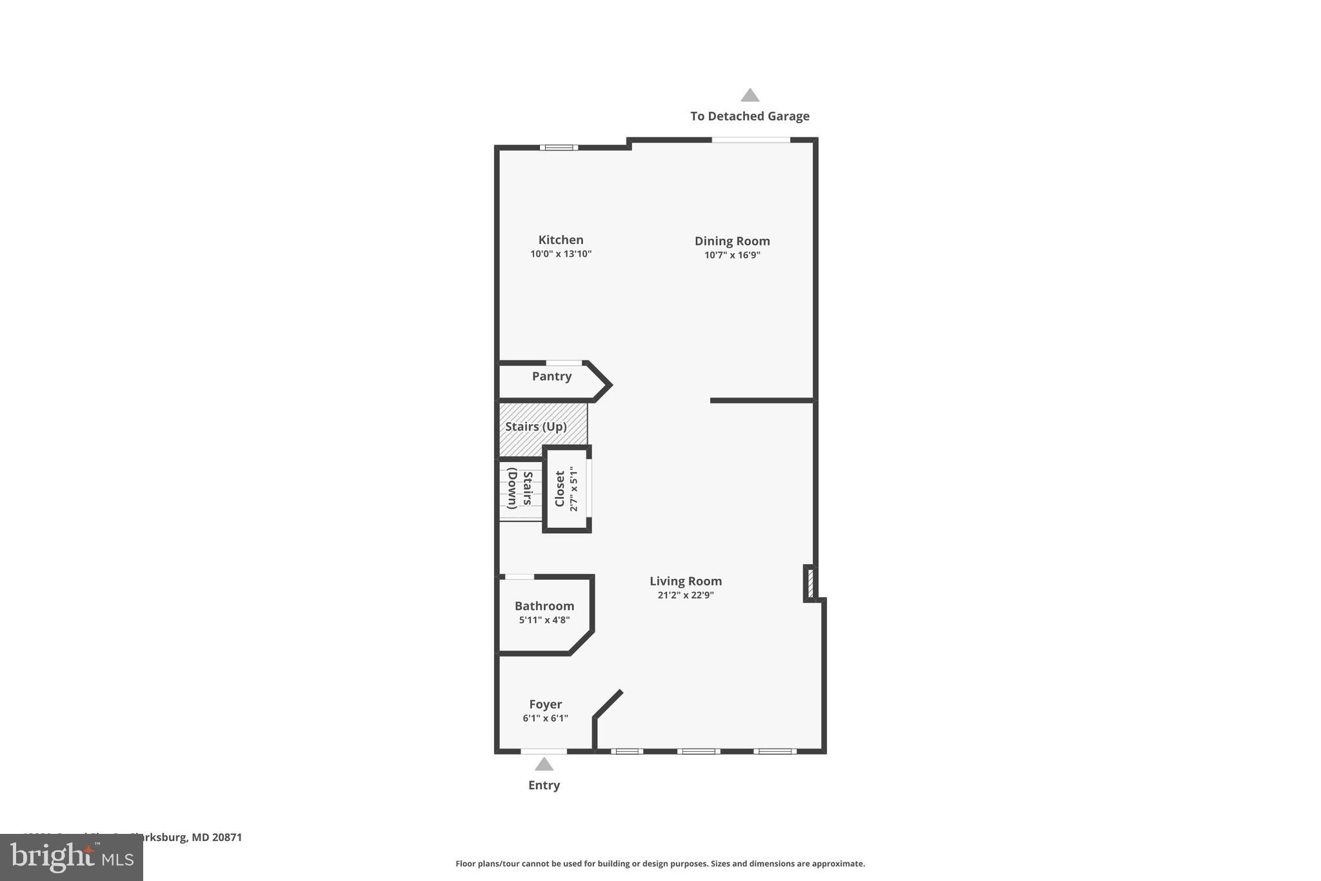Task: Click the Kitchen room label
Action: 561,240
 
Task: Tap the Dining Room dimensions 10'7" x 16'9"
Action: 731,255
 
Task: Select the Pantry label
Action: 551,376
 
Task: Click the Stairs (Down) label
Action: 520,489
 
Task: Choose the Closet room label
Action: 560,489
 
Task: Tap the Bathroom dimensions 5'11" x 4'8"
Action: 544,620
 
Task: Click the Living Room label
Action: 685,581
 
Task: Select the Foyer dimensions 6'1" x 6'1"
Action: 545,718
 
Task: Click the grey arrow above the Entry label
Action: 544,765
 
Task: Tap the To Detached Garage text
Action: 750,116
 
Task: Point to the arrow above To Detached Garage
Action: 750,96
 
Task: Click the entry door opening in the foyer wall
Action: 544,751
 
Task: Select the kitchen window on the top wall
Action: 559,148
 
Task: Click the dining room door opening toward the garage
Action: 751,140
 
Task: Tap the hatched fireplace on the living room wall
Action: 810,583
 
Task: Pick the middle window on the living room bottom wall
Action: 699,751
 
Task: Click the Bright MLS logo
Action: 72,857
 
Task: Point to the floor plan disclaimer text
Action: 660,864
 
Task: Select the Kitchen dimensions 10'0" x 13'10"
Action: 561,254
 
